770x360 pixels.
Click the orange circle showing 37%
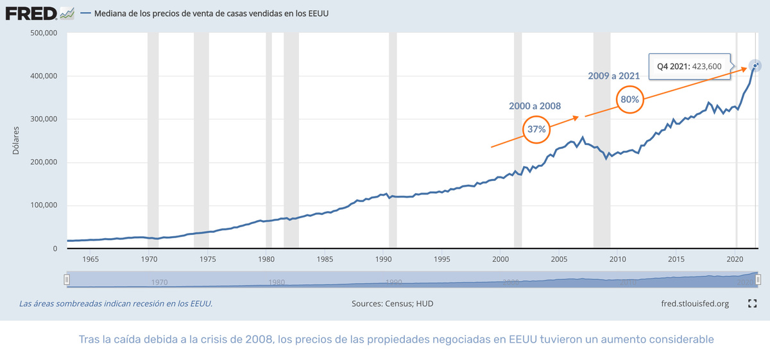[x=536, y=129]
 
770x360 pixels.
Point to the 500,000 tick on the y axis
[x=44, y=33]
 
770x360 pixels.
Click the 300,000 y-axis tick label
[x=44, y=119]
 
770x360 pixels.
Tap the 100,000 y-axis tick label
[x=44, y=205]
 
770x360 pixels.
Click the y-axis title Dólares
[x=17, y=141]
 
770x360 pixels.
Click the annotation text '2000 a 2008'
[x=536, y=105]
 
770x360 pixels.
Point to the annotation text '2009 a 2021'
[x=613, y=76]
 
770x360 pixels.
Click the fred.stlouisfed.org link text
[x=694, y=304]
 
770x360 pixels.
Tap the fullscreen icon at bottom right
[x=753, y=304]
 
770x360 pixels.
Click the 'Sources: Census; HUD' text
[x=392, y=304]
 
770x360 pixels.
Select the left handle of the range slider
[x=66, y=280]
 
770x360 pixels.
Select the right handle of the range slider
[x=758, y=280]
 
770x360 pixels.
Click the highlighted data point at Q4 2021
[x=755, y=65]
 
